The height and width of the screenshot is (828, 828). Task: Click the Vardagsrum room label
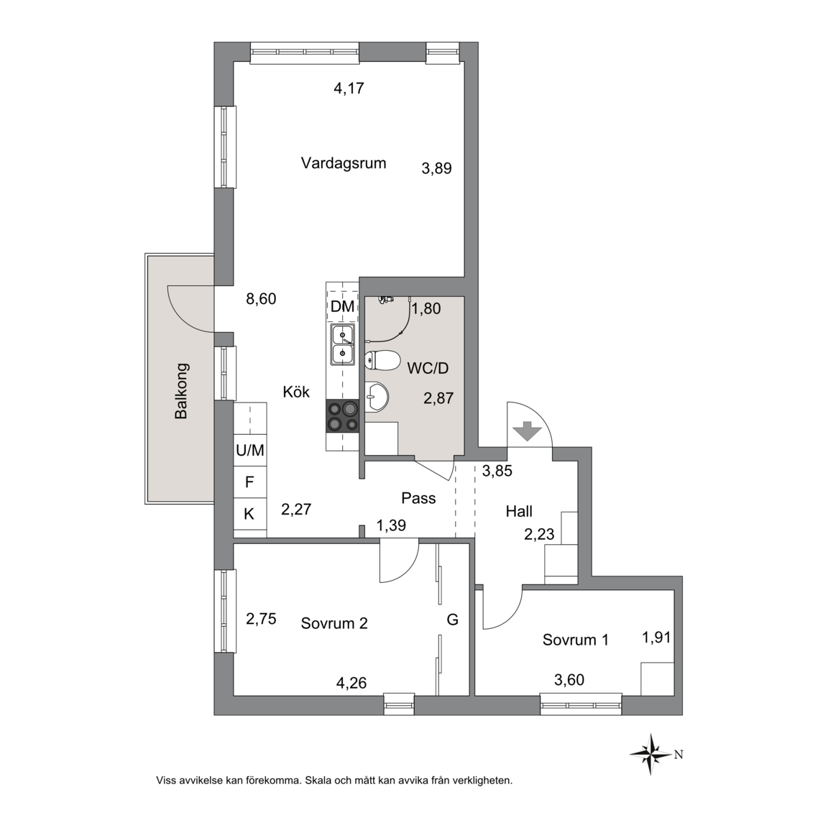point(344,163)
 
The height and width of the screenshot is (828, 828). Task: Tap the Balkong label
point(181,391)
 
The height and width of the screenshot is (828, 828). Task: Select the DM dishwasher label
point(342,306)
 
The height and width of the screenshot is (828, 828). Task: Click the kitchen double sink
point(343,344)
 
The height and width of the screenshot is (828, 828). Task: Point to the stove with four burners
point(343,416)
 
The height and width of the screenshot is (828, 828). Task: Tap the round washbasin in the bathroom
point(377,395)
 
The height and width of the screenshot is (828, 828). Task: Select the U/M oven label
point(250,451)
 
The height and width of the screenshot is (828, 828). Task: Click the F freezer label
point(249,482)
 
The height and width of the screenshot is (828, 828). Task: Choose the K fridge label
point(249,513)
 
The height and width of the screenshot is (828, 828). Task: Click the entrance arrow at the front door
point(528,431)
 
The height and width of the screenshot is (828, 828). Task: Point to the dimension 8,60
point(261,300)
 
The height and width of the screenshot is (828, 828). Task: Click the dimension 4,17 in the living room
point(349,88)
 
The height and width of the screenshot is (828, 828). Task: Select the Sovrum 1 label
point(576,640)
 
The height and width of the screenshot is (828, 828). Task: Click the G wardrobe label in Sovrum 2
point(453,620)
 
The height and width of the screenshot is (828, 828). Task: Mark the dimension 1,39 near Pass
point(391,525)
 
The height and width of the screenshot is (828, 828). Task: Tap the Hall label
point(519,511)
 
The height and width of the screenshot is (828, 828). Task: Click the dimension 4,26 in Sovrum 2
point(351,684)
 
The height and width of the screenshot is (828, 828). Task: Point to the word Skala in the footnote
point(320,780)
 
